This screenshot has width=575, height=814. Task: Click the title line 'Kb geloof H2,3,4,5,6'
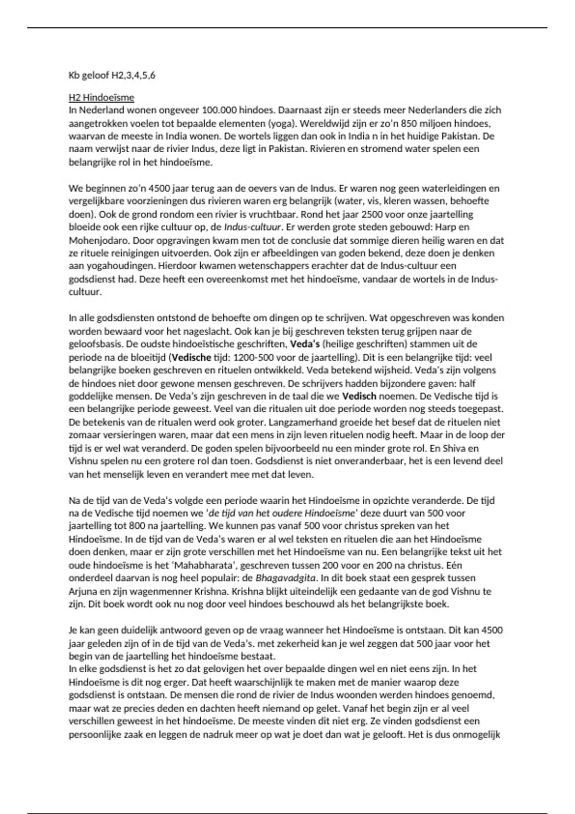click(112, 75)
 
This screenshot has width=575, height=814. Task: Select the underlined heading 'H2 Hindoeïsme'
click(101, 98)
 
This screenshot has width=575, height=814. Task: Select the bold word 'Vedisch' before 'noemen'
click(359, 396)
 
